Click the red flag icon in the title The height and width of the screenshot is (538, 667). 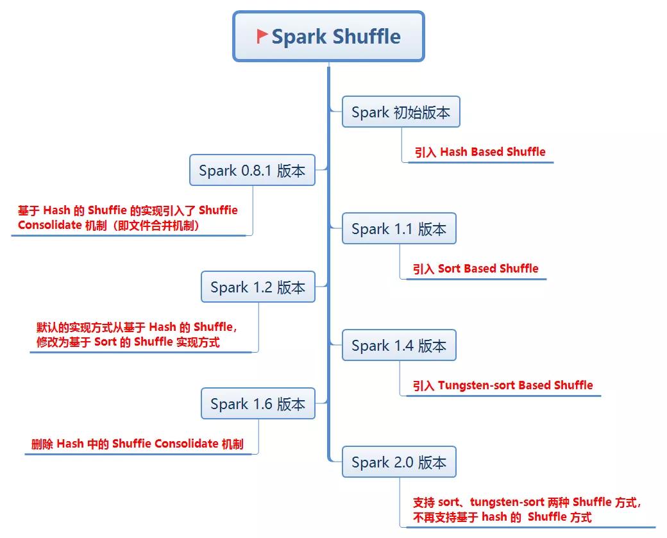coord(262,36)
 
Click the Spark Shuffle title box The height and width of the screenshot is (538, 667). coord(328,36)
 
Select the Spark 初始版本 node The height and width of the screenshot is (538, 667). coord(401,112)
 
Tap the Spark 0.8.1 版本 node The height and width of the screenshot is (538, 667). coord(252,170)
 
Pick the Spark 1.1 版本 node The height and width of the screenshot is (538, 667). coord(399,228)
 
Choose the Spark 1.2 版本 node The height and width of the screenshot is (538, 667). coord(258,287)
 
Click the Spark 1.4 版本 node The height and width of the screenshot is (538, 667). coord(399,345)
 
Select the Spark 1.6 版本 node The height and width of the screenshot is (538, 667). coord(258,403)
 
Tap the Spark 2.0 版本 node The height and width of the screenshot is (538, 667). coord(399,462)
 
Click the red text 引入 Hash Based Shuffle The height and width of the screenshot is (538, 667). coord(480,152)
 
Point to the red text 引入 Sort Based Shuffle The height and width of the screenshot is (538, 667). coord(476,269)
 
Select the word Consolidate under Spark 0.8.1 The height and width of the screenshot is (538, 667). coord(50,225)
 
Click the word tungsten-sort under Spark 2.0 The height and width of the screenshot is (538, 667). coord(507,502)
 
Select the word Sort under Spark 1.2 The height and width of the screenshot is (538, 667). coord(105,342)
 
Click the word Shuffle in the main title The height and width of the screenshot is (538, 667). coord(367,36)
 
